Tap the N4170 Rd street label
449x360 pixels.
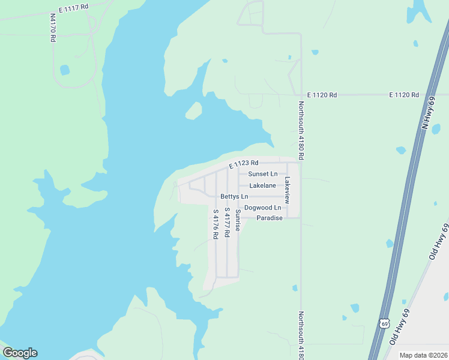[53, 28]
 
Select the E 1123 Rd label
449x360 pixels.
[243, 163]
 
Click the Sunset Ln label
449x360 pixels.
[263, 174]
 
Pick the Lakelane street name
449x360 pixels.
[262, 185]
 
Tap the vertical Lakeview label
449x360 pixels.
[287, 188]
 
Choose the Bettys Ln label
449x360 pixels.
[234, 196]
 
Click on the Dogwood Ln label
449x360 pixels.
[262, 208]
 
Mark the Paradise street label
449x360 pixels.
[269, 218]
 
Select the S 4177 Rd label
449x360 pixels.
[227, 223]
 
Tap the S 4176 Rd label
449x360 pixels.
[215, 224]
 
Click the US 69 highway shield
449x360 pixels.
[384, 323]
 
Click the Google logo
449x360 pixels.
[20, 353]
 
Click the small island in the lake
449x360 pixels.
[193, 110]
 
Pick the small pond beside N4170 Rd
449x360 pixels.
[64, 70]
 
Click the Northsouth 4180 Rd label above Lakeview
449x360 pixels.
[301, 130]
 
